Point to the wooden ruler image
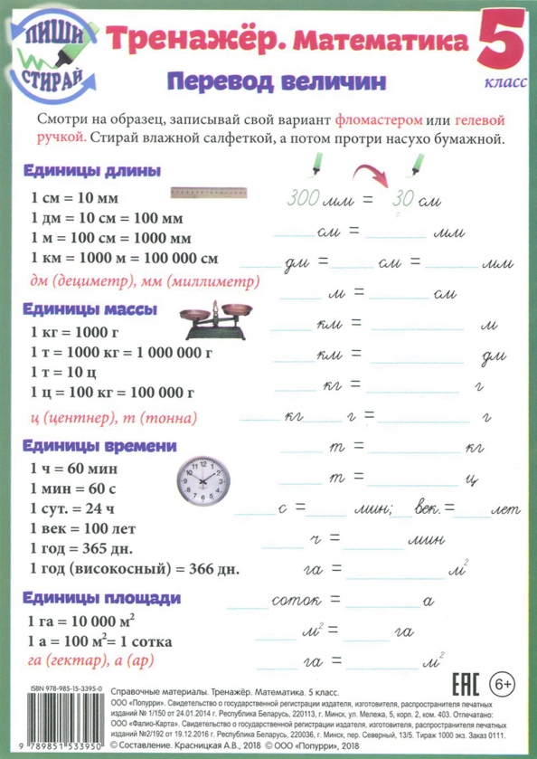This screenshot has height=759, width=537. click(209, 192)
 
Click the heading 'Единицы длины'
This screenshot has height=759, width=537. click(80, 171)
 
